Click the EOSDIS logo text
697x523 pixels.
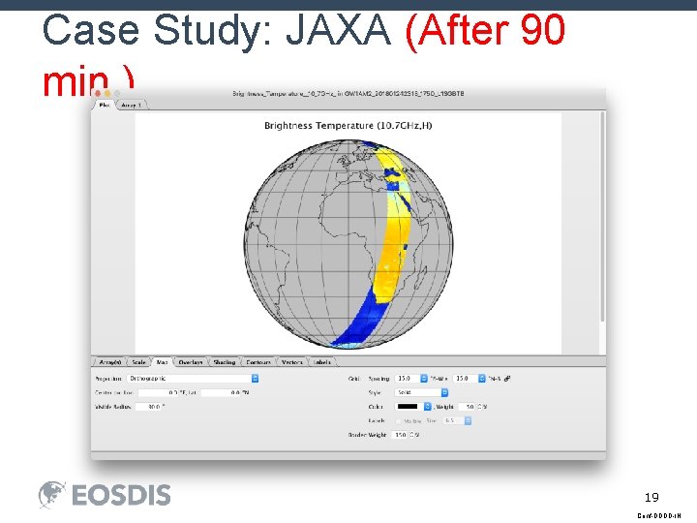click(121, 495)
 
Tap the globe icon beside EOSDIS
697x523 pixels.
click(52, 495)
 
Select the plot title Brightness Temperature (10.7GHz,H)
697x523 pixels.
click(347, 126)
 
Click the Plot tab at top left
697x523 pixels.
click(104, 105)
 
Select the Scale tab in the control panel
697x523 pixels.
click(139, 362)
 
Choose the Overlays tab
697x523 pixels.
click(191, 362)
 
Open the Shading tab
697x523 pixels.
click(225, 362)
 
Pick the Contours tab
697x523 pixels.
click(258, 362)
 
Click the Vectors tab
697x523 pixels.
click(292, 362)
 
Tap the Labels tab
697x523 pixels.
click(322, 362)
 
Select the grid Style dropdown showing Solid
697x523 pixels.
click(422, 392)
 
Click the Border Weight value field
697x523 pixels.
click(401, 435)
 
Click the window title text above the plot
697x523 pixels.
click(348, 94)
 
